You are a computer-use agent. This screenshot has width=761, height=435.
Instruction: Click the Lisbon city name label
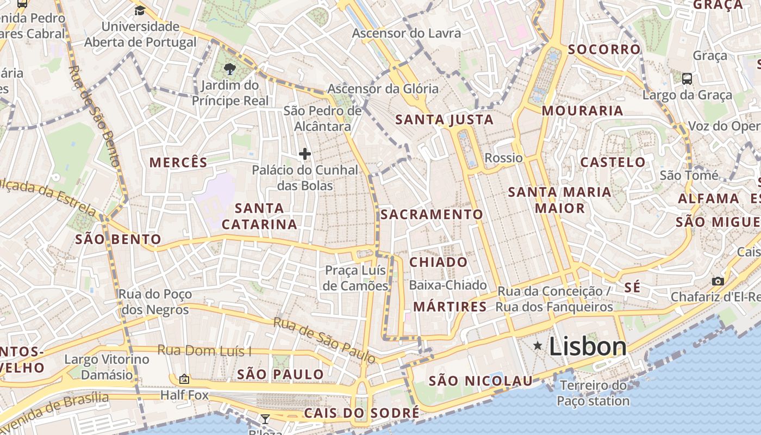pos(588,346)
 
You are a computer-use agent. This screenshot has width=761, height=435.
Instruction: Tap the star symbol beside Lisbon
pos(538,345)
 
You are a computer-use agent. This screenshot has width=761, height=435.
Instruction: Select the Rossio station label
pos(503,158)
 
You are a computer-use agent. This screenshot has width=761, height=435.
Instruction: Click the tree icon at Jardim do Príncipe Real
pos(230,69)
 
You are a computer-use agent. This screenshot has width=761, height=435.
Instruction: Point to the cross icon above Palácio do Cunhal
pos(305,154)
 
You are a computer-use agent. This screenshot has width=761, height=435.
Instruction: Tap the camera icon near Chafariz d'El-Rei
pos(718,281)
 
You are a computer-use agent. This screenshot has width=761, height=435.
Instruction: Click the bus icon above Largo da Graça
pos(687,79)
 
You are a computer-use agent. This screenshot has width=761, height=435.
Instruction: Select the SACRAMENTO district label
pos(432,214)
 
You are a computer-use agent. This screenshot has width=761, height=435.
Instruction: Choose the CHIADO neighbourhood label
pos(438,262)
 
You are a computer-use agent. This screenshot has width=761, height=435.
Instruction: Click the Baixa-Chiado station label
pos(447,285)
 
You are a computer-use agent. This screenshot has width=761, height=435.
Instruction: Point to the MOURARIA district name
pos(582,111)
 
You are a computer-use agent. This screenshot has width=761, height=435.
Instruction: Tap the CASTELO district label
pos(613,162)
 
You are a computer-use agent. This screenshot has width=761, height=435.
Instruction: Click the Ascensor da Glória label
pos(383,89)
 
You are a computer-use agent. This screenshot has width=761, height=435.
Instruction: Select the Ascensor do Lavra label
pos(406,33)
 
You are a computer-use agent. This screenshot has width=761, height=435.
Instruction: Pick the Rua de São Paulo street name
pos(325,340)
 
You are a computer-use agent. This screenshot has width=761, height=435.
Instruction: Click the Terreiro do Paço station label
pos(593,393)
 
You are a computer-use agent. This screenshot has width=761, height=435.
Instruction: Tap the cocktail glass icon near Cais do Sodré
pos(265,419)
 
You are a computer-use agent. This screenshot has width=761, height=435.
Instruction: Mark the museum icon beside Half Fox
pos(184,379)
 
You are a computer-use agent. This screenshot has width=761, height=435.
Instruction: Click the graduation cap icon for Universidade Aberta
pos(140,10)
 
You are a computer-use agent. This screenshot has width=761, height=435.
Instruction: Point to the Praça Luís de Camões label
pos(355,278)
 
